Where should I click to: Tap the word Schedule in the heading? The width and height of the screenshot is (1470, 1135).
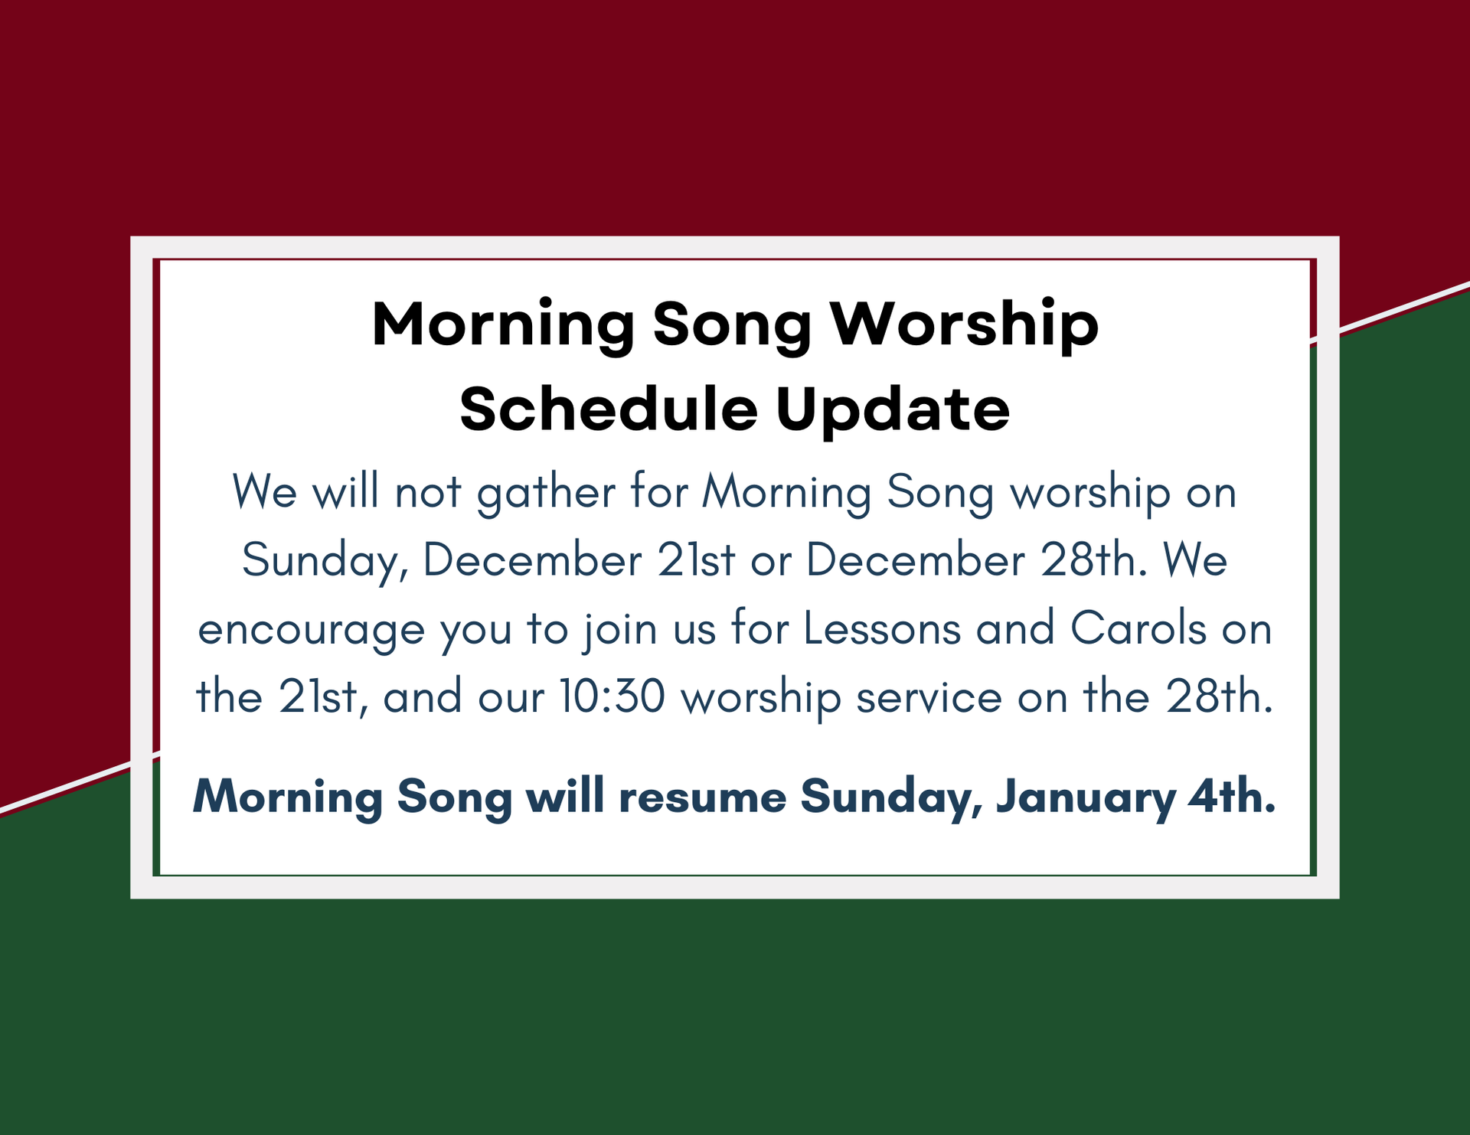[609, 408]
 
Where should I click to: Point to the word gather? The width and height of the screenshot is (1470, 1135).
[546, 492]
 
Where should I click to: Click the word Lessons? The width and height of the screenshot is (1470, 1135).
[882, 628]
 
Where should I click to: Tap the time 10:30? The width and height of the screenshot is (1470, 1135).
[612, 697]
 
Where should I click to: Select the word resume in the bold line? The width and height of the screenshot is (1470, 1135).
[702, 797]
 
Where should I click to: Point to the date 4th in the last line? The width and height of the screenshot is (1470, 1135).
[1233, 796]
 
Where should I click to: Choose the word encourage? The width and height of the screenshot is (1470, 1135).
[312, 631]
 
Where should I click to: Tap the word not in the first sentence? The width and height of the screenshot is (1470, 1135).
[428, 492]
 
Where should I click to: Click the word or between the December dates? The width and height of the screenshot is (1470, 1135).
[771, 562]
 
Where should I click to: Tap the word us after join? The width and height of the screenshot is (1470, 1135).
[694, 631]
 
